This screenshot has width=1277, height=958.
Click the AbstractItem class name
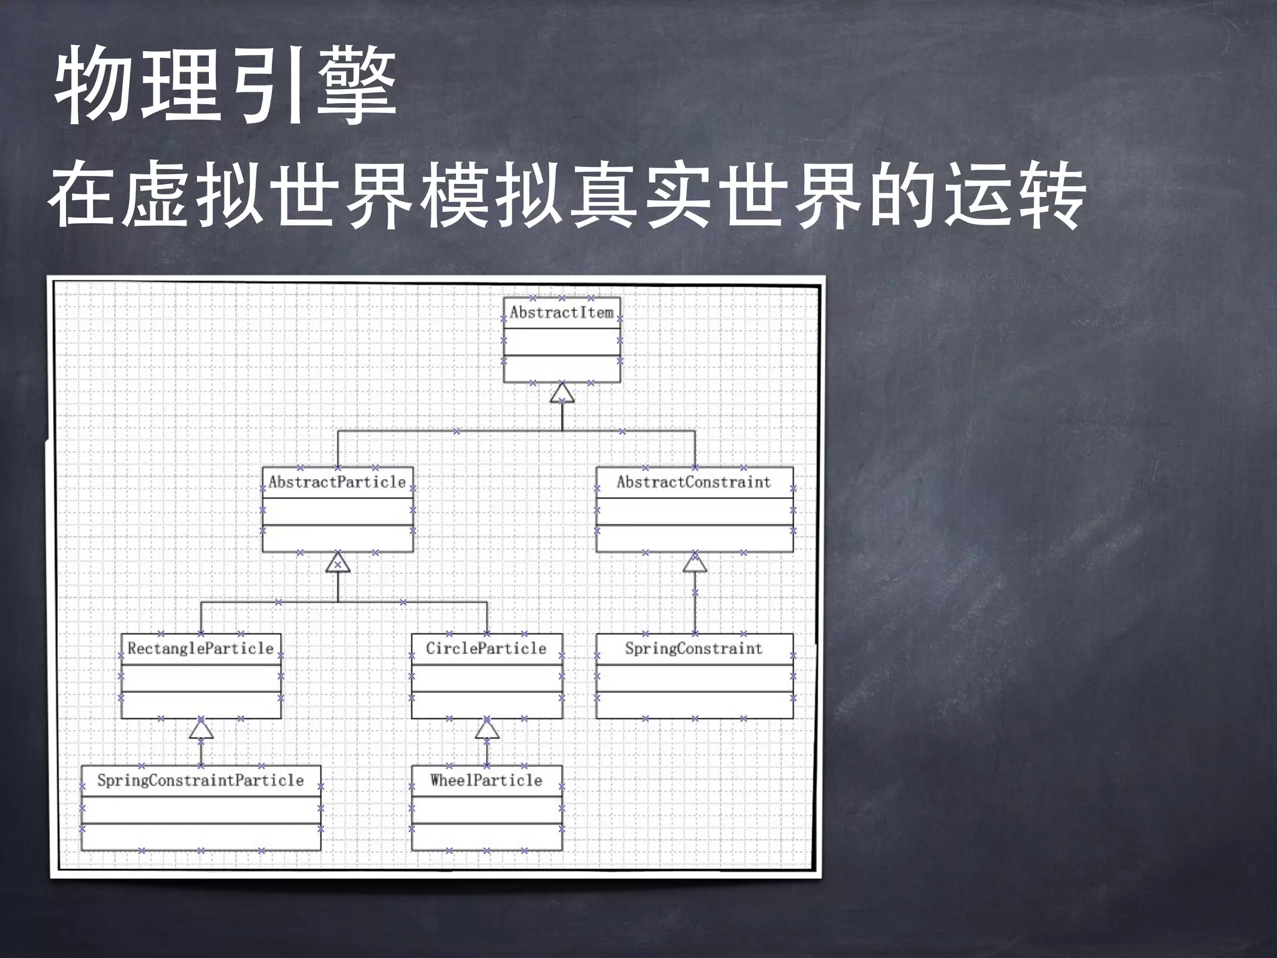[562, 312]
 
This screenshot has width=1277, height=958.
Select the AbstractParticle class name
[337, 482]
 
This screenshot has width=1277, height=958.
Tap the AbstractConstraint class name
[694, 482]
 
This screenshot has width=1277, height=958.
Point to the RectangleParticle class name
[201, 649]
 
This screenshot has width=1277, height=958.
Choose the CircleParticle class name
[486, 649]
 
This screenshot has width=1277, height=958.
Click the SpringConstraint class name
[694, 649]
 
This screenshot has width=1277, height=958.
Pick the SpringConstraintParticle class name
[201, 780]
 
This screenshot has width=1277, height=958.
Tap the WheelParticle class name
[486, 780]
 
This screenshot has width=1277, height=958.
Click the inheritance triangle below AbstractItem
[562, 393]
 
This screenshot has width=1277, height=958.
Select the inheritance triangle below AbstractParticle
[337, 563]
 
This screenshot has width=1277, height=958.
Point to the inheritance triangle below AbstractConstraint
[695, 563]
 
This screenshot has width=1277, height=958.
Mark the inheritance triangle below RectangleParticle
[201, 729]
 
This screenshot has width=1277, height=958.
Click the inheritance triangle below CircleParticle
[487, 729]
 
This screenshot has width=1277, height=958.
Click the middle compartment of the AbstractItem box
[562, 342]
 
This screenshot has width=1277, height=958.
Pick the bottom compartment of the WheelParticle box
[486, 837]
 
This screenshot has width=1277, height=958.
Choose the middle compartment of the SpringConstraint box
[694, 678]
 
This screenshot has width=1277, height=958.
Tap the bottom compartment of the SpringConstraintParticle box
[201, 837]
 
